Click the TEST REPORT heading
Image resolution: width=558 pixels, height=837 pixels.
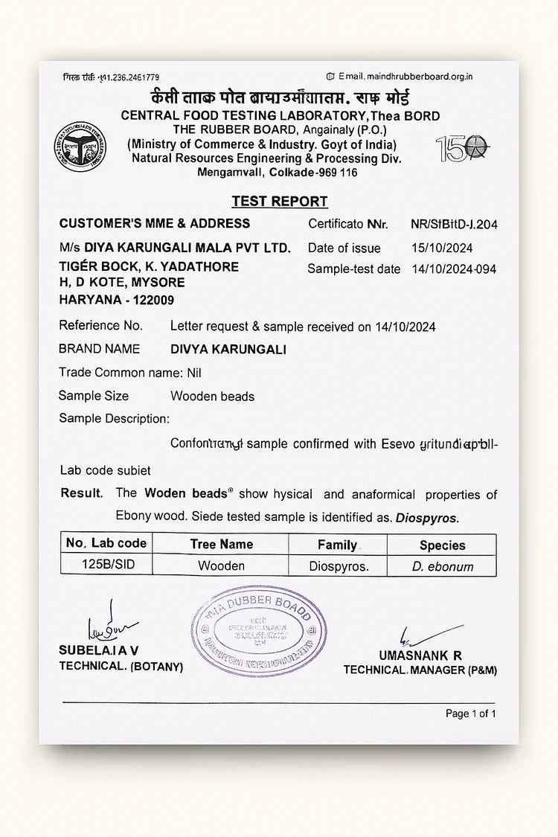tap(279, 201)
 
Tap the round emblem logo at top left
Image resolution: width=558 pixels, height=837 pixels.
tap(79, 147)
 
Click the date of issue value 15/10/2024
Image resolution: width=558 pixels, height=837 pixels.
tap(441, 248)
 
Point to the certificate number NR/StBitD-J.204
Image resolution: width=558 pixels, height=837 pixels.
tap(453, 223)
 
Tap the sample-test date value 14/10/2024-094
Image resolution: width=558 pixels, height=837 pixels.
tap(453, 269)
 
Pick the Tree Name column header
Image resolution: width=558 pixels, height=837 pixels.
tap(221, 544)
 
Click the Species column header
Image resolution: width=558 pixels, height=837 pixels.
tap(442, 545)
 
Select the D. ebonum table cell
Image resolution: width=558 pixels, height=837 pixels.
tap(442, 566)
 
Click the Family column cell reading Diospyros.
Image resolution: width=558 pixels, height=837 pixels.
tap(339, 566)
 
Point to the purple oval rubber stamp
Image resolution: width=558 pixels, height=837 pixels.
tap(258, 630)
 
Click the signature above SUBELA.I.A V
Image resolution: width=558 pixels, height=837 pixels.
tap(110, 625)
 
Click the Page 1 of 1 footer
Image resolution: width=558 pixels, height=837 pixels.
tap(470, 713)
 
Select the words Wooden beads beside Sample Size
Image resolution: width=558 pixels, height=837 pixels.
tap(212, 397)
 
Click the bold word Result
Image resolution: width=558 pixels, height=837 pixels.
tap(81, 493)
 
